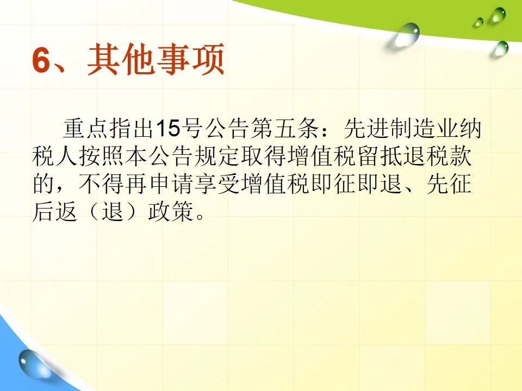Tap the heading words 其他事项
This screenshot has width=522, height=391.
click(x=156, y=60)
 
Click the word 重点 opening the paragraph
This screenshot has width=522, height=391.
click(x=85, y=128)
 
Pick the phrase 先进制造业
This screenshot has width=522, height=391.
click(x=401, y=128)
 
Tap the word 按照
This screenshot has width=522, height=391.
click(x=102, y=156)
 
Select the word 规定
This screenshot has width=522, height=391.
click(x=217, y=156)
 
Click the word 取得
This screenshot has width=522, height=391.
click(x=263, y=156)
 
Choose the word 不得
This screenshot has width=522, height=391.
click(x=102, y=184)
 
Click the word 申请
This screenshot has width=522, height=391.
click(x=171, y=184)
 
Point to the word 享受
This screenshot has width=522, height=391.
click(x=217, y=184)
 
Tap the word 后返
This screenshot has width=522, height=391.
click(x=55, y=211)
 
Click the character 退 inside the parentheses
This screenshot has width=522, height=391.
click(x=113, y=211)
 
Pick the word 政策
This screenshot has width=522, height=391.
click(x=171, y=211)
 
